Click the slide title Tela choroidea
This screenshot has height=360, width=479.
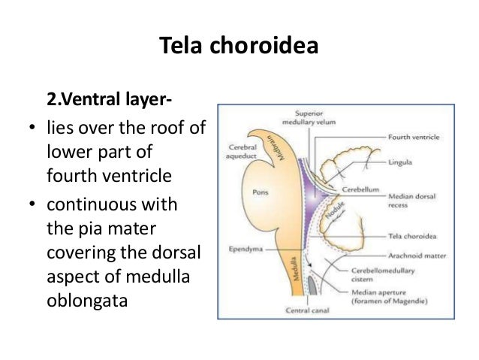tap(239, 47)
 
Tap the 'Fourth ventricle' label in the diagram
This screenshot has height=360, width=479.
tap(415, 138)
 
